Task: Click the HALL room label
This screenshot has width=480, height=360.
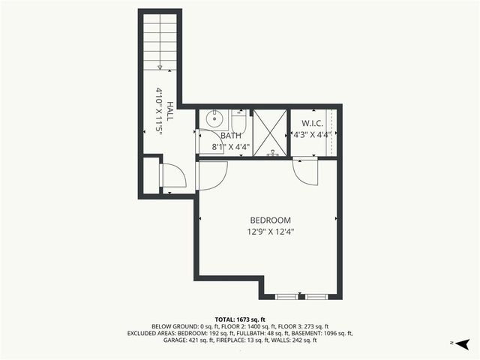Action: (x=170, y=112)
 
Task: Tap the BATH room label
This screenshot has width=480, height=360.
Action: (x=231, y=135)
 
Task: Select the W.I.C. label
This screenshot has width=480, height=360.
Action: (x=312, y=123)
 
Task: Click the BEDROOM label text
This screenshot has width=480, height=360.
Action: (x=270, y=220)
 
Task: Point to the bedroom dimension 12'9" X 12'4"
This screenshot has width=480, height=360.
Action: (x=270, y=232)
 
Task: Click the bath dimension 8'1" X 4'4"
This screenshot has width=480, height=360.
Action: (x=231, y=147)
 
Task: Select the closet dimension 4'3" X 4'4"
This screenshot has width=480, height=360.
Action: (x=312, y=135)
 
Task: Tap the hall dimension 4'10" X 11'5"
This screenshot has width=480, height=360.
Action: (x=159, y=110)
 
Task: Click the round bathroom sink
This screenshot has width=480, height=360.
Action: (x=213, y=118)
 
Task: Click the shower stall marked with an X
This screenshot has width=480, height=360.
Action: (x=270, y=133)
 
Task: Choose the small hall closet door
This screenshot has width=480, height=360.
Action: (x=173, y=176)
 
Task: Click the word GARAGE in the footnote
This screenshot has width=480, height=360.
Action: (x=177, y=340)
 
